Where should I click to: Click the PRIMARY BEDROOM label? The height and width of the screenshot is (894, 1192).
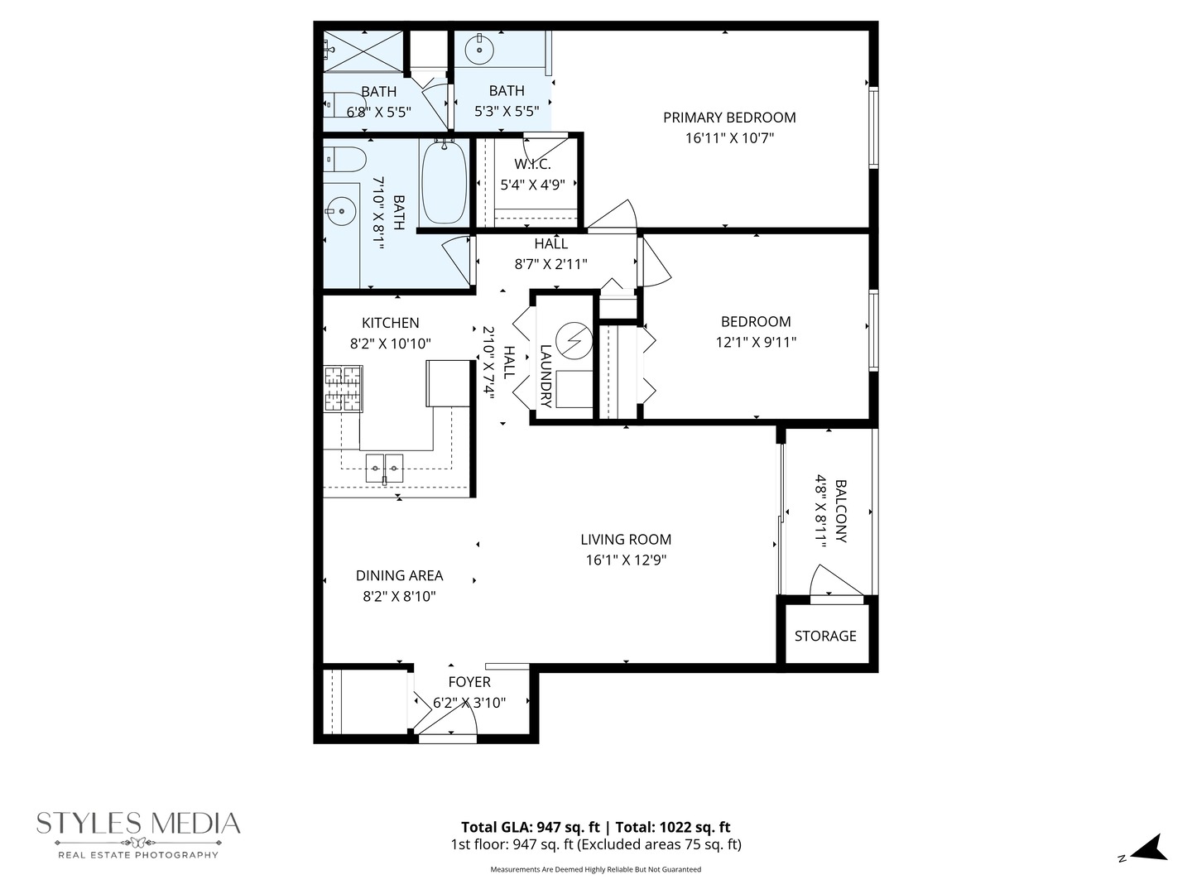coord(728,118)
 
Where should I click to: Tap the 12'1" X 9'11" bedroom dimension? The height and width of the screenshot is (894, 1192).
coord(756,342)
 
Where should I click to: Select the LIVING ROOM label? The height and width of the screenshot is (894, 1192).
coord(626,540)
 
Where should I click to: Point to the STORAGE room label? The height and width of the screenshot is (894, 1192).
coord(825,636)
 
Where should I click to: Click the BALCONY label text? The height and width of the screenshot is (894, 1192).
coord(841,512)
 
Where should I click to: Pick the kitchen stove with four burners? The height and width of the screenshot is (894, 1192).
coord(343,389)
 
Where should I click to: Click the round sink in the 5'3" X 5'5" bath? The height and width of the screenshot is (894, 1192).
coord(479,50)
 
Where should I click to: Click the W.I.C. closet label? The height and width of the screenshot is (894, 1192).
coord(532,165)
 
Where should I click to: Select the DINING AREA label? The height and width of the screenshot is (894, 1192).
coord(399,575)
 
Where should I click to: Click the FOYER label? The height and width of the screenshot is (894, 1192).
coord(469,682)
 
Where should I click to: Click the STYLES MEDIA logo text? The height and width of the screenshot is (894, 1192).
coord(138,824)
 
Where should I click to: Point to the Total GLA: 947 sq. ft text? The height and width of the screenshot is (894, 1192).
coord(530,827)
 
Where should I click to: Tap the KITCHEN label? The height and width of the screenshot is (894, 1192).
coord(390,323)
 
